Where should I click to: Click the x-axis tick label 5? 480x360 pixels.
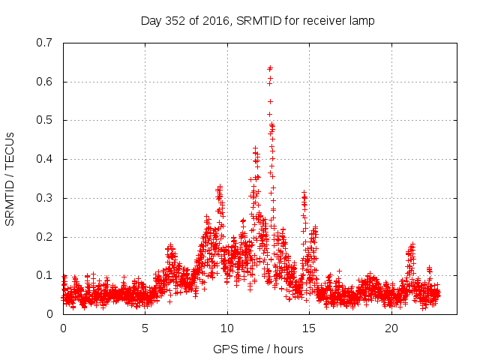pos(145,328)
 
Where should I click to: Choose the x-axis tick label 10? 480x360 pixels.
pos(227,328)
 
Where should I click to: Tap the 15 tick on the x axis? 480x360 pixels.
pos(309,328)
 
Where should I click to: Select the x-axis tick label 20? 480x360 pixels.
pos(391,328)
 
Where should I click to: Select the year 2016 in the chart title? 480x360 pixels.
pos(217,20)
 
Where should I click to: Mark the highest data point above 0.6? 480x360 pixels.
pos(270,67)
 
